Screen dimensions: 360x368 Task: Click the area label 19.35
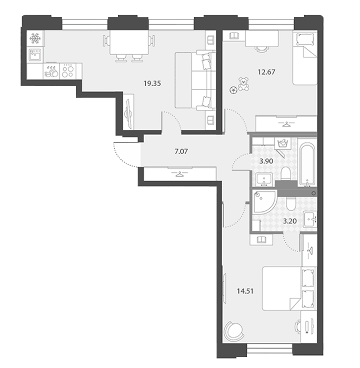click(x=152, y=83)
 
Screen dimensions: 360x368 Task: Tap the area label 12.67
click(x=266, y=72)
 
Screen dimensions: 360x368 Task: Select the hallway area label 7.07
click(x=181, y=151)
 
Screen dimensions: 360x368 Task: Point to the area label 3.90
click(x=266, y=161)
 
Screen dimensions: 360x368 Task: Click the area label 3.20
click(x=290, y=221)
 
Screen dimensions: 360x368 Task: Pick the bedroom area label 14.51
click(x=245, y=291)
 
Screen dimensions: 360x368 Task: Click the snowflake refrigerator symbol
click(x=35, y=38)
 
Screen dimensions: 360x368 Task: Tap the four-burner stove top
click(x=68, y=71)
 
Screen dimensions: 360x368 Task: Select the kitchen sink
click(x=35, y=55)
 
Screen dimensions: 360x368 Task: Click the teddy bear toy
click(x=244, y=84)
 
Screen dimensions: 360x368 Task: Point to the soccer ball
click(x=233, y=89)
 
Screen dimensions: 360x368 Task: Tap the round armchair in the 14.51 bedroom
click(x=233, y=331)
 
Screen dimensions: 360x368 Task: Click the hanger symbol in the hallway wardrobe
click(x=179, y=174)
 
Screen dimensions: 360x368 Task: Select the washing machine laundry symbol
click(x=283, y=144)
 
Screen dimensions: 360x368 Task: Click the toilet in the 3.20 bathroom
click(x=291, y=204)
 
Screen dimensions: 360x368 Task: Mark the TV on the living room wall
click(x=128, y=112)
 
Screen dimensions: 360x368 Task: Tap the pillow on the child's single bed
click(x=305, y=39)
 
